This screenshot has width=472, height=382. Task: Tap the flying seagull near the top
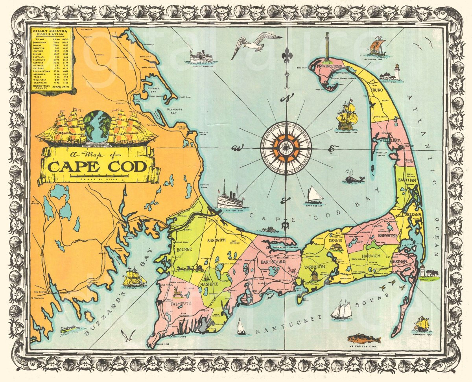pos(255,43)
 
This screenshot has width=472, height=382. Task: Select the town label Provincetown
pos(328,66)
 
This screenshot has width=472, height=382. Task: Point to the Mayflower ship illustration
pos(346,115)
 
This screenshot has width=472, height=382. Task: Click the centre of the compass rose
pos(286,148)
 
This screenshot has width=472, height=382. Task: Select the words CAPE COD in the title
pos(98,167)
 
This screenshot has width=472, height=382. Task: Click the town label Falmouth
pos(181,303)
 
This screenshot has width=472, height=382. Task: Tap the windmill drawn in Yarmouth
pos(314,274)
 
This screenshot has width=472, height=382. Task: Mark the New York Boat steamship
pos(230,197)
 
